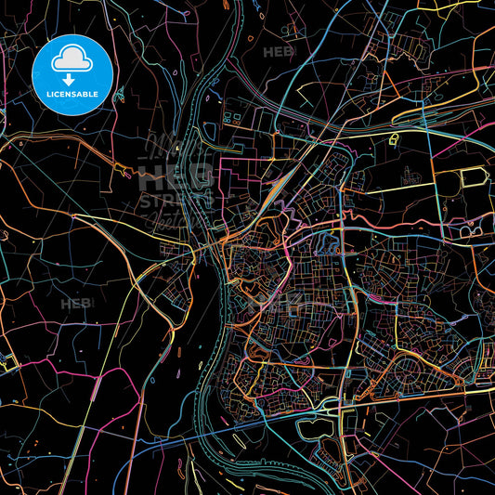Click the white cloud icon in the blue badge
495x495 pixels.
click(x=71, y=60)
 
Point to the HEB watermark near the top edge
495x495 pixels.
click(x=278, y=52)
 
